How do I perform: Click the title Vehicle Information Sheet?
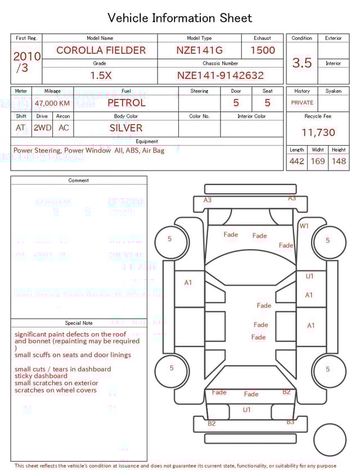[180, 18]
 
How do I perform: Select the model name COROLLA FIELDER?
[101, 50]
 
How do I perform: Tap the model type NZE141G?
[199, 50]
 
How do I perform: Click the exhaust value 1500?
[263, 50]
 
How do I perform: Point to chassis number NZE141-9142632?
[220, 75]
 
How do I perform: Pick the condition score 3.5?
[302, 63]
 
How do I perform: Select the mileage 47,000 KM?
[52, 104]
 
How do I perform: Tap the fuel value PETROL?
[126, 103]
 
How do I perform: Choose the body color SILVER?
[126, 128]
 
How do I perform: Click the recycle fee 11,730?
[318, 133]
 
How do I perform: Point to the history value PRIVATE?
[302, 103]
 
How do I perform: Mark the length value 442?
[297, 161]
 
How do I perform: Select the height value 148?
[339, 161]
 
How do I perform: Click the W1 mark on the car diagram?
[304, 226]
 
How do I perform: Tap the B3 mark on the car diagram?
[290, 422]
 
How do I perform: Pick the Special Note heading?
[79, 323]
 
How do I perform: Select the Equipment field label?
[147, 141]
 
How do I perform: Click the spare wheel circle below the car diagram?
[329, 440]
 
